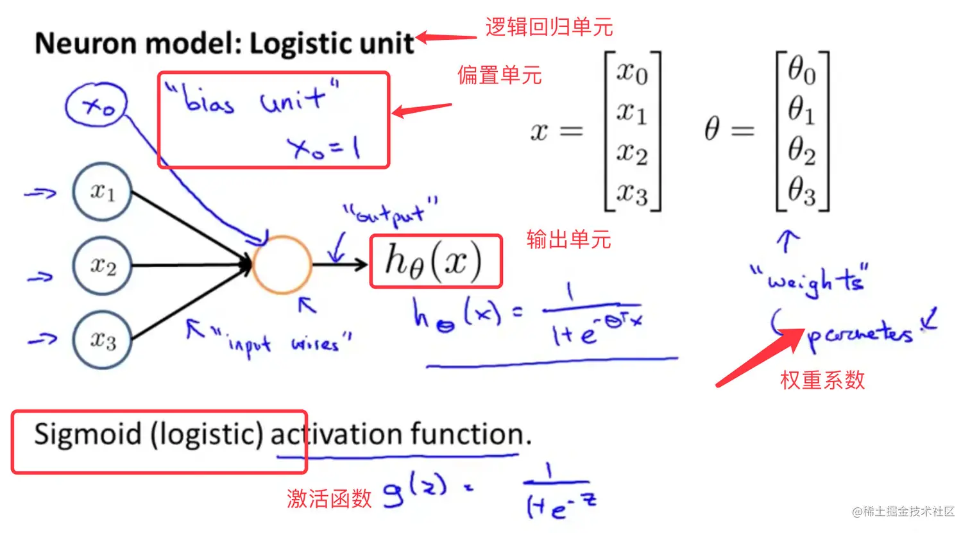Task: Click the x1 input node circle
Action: [x=103, y=191]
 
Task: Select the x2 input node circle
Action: [x=103, y=265]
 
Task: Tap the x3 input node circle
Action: [x=103, y=339]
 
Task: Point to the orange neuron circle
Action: [x=282, y=264]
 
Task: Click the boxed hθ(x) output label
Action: [x=436, y=261]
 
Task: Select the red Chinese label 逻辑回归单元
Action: [x=549, y=27]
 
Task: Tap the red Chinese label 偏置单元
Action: [x=499, y=75]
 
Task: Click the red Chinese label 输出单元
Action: [x=568, y=239]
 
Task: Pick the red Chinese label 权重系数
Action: [x=822, y=380]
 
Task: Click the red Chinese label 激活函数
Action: [x=329, y=498]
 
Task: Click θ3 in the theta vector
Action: [x=801, y=191]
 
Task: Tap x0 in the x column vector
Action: [x=632, y=72]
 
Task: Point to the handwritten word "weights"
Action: [x=810, y=281]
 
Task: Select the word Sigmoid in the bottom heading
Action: [x=88, y=434]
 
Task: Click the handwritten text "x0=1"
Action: [x=324, y=149]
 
